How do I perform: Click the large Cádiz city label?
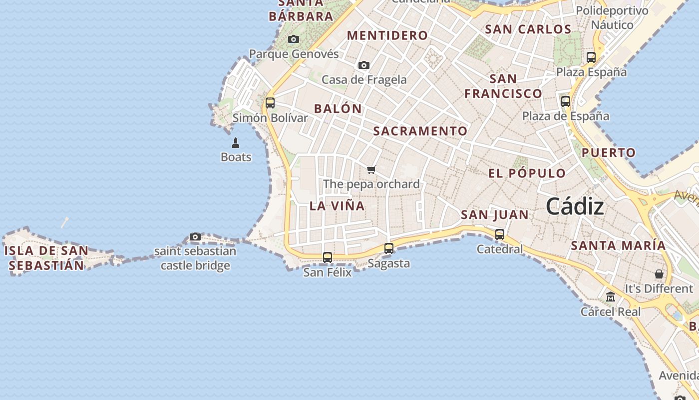[575, 206]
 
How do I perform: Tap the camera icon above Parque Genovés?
[294, 39]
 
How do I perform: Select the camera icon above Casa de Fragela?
[364, 65]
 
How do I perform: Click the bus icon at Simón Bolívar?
[270, 103]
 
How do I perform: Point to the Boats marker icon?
[236, 143]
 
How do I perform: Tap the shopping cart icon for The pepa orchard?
[371, 170]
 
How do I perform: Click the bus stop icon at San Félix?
[328, 257]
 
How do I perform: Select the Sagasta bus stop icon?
[389, 248]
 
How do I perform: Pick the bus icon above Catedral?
[500, 234]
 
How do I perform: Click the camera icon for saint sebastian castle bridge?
[195, 236]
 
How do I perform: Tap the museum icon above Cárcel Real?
[610, 297]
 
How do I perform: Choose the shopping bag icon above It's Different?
[659, 274]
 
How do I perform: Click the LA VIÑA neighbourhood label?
[337, 205]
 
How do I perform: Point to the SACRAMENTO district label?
[420, 131]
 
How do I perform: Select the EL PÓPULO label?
[527, 173]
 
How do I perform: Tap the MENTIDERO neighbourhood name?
[387, 35]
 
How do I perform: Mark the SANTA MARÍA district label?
[618, 245]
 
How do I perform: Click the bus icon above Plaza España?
[591, 57]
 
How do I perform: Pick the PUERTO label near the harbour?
[609, 152]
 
